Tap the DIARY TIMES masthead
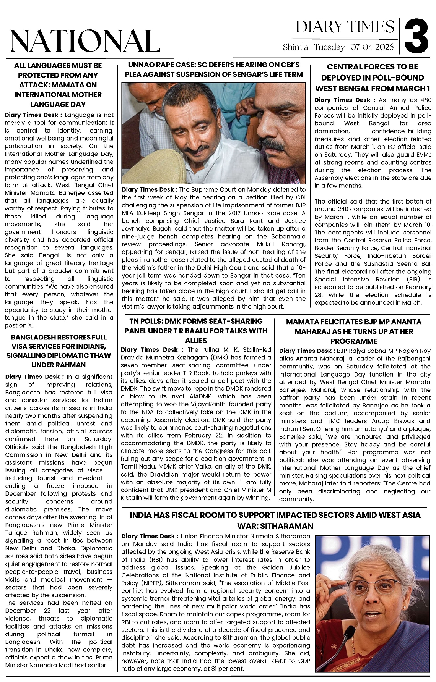click(345, 27)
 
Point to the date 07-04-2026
click(372, 48)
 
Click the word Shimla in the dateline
click(296, 48)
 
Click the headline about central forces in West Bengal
click(373, 78)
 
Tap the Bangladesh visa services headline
click(59, 351)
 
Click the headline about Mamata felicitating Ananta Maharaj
click(354, 331)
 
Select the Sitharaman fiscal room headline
click(275, 520)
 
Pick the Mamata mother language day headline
click(58, 85)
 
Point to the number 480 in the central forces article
click(426, 100)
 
